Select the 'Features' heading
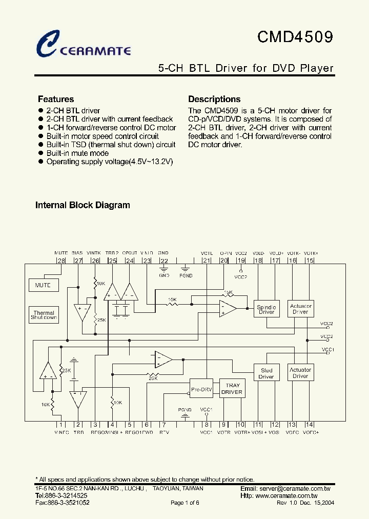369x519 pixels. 56,99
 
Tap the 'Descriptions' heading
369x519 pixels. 214,99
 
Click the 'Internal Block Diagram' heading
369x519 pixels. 83,205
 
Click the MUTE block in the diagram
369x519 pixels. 43,285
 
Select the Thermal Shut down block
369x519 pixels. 44,315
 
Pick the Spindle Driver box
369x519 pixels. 266,309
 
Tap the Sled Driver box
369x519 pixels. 266,373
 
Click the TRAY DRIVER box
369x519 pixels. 232,389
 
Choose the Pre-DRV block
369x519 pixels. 201,389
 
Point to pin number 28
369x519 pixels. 61,261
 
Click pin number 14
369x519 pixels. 309,425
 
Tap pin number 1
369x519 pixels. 61,425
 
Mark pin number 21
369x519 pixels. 207,261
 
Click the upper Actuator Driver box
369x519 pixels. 300,309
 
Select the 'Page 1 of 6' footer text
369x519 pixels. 184,503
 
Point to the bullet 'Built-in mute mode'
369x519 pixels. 77,153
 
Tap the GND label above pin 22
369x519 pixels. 163,253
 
